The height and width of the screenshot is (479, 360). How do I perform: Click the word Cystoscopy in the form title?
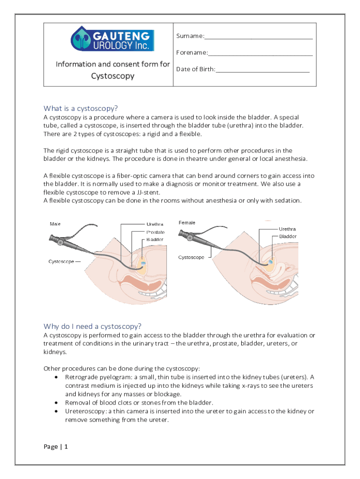(x=113, y=76)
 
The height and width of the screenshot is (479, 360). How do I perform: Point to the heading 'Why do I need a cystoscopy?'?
(x=93, y=326)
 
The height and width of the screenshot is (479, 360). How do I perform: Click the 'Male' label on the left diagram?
(x=55, y=224)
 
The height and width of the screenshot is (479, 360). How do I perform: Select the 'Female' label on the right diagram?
(x=187, y=223)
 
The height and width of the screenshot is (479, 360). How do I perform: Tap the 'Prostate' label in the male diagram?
(x=155, y=232)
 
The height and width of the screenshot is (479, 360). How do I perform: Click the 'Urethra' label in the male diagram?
(x=155, y=225)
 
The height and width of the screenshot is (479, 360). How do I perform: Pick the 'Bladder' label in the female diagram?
(x=288, y=237)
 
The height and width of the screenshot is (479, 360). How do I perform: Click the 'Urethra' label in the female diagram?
(x=287, y=229)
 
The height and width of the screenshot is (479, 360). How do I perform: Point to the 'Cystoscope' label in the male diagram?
(x=62, y=261)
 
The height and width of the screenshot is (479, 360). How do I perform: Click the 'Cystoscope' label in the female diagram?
(x=191, y=257)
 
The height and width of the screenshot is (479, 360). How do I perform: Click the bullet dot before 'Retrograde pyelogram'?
(x=57, y=377)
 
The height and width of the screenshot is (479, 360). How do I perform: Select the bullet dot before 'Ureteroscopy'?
(x=57, y=411)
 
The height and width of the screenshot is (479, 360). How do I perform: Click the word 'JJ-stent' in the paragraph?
(x=149, y=192)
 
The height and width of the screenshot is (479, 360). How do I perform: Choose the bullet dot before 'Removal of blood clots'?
(x=57, y=403)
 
